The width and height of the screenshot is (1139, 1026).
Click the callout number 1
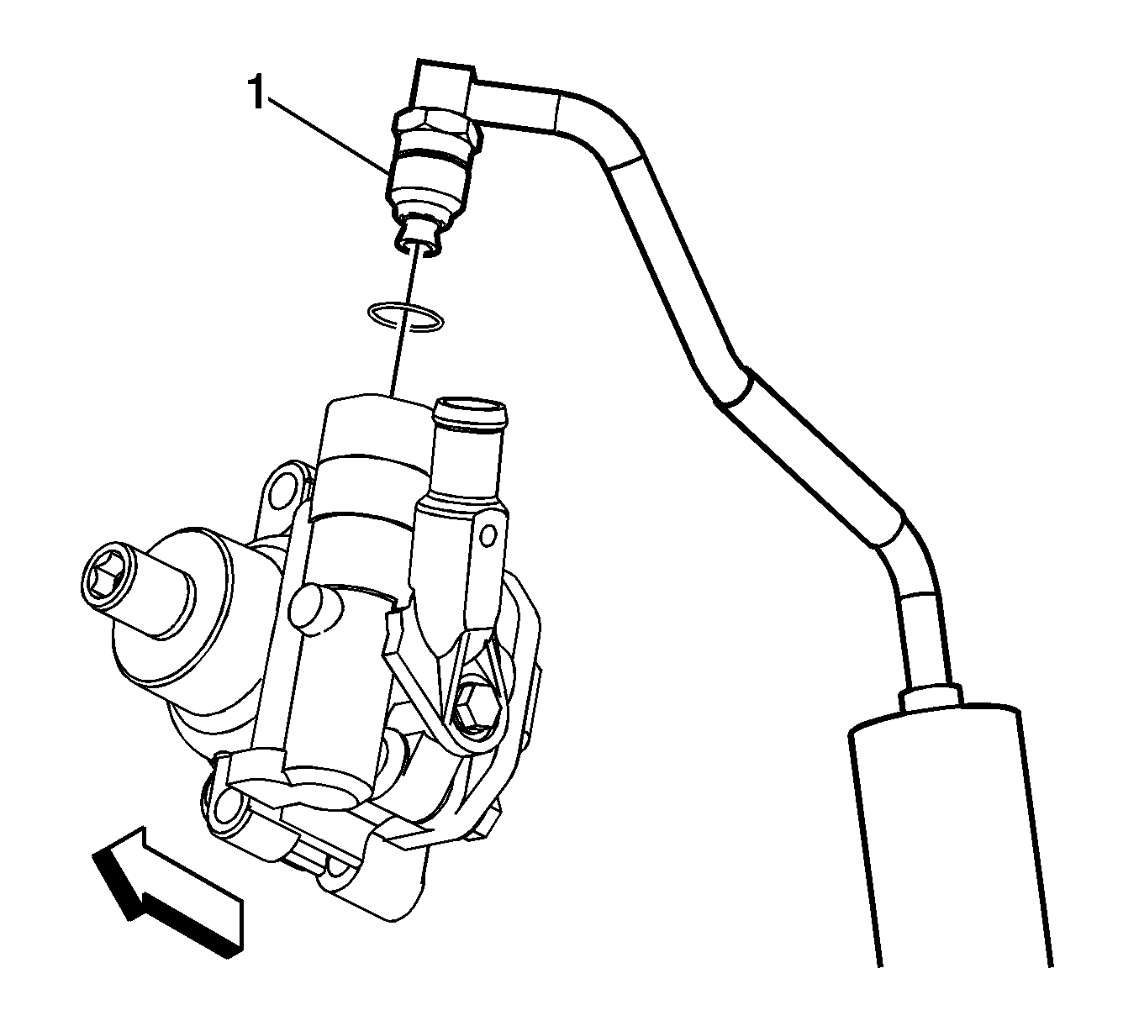click(x=256, y=94)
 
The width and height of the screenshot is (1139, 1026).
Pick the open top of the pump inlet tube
click(x=469, y=410)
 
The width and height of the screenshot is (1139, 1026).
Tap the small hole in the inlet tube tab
click(x=488, y=534)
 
